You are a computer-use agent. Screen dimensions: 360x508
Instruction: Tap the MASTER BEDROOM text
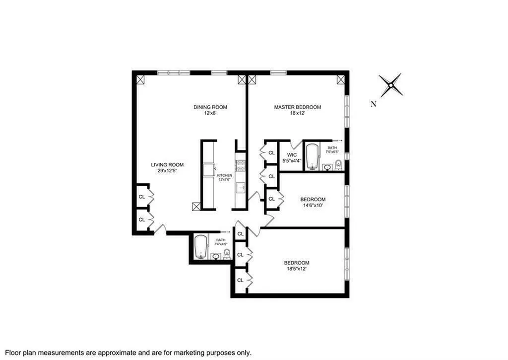click(298, 107)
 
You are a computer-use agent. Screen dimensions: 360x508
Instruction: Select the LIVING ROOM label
click(167, 165)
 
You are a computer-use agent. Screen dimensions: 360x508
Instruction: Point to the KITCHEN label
click(224, 175)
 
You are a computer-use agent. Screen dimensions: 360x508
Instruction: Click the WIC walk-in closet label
click(292, 154)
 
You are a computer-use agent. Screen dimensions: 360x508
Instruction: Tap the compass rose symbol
click(390, 85)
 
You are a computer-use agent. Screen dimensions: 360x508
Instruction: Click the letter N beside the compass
click(374, 104)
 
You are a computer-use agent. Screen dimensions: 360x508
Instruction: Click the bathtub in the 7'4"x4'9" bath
click(200, 247)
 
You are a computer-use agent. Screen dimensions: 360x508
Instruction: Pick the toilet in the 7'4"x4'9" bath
click(227, 255)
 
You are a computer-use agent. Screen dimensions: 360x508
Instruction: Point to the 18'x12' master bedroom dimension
click(298, 114)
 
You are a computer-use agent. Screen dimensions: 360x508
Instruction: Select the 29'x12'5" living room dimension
click(167, 171)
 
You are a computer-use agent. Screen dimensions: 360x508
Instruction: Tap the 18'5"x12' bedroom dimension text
click(297, 269)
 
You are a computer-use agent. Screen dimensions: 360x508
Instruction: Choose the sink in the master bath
click(327, 168)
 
